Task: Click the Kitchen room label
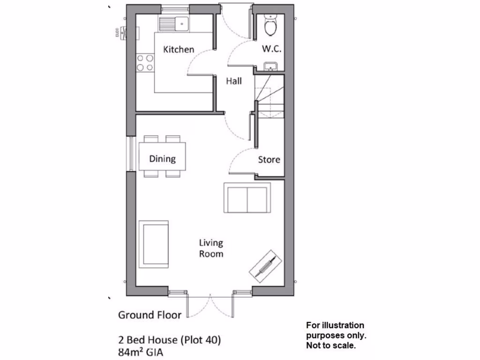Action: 178,49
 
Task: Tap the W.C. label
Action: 271,49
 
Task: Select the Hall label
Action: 234,81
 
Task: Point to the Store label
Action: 269,159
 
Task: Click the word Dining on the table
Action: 162,158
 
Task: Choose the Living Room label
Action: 211,248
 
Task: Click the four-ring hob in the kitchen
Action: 144,63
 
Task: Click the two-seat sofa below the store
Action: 247,198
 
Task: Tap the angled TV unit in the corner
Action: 265,265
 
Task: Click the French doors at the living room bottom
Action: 210,305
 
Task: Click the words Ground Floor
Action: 150,315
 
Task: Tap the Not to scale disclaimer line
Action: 331,346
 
